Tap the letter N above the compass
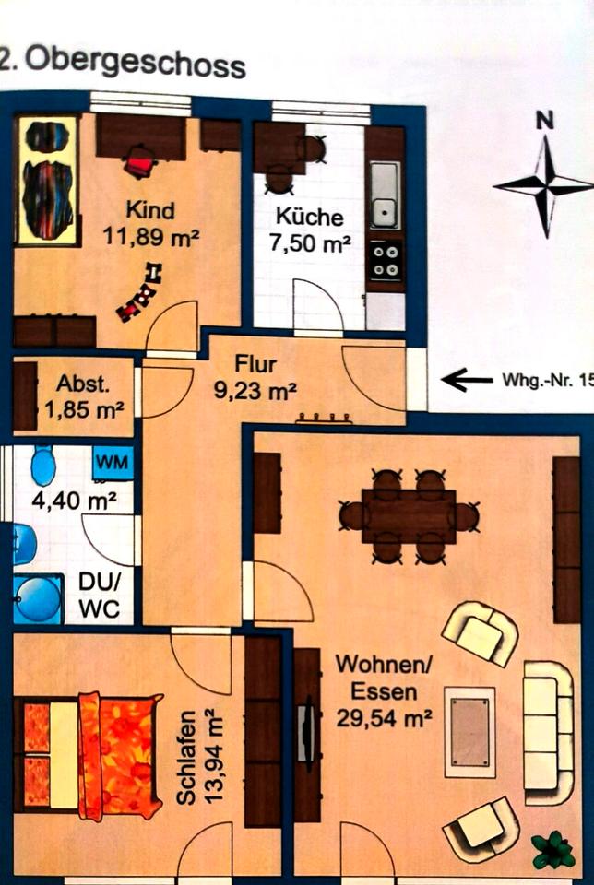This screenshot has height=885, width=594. point(547,119)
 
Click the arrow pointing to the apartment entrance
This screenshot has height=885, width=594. point(467,379)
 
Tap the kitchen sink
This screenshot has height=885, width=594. point(385,195)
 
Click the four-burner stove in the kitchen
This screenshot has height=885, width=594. point(385,259)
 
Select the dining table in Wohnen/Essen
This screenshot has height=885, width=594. point(409,516)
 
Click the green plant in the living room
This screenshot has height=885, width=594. point(554,848)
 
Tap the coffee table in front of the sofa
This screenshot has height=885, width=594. point(469,731)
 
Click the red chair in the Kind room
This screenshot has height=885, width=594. point(140,166)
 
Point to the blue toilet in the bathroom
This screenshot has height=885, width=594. point(43,465)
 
